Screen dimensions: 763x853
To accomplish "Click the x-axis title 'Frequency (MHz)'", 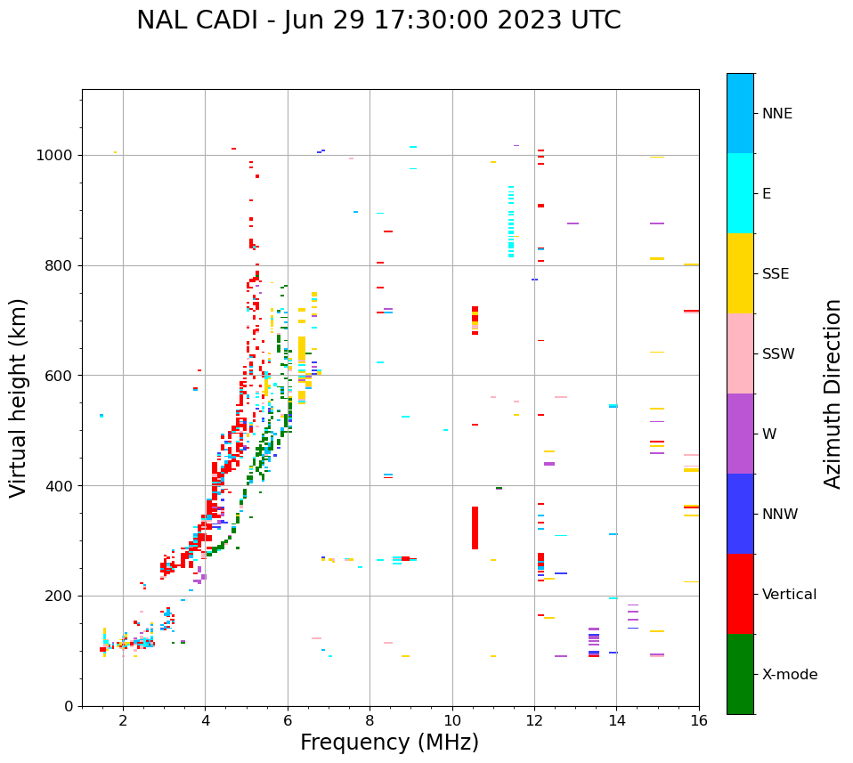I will tap(389, 743).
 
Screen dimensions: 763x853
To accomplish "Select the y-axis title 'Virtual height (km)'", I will tap(19, 397).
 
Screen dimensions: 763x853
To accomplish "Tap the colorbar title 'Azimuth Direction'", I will tap(833, 394).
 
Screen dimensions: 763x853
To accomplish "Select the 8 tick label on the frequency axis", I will tap(370, 720).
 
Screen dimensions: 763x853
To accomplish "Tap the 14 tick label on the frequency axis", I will tap(616, 720).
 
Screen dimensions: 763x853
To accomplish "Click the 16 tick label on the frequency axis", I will tap(698, 720).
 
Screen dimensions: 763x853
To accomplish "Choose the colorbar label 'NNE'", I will tap(776, 114).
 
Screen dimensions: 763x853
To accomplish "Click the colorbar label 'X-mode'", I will tap(789, 675).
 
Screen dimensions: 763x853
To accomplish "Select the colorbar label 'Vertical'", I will tap(789, 595).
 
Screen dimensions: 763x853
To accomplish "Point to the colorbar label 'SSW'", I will tap(778, 354).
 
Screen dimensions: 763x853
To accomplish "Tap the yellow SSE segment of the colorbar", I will tap(740, 273).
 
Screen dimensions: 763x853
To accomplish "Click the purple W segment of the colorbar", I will tap(740, 434).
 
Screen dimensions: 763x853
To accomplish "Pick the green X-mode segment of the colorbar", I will tap(740, 674).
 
